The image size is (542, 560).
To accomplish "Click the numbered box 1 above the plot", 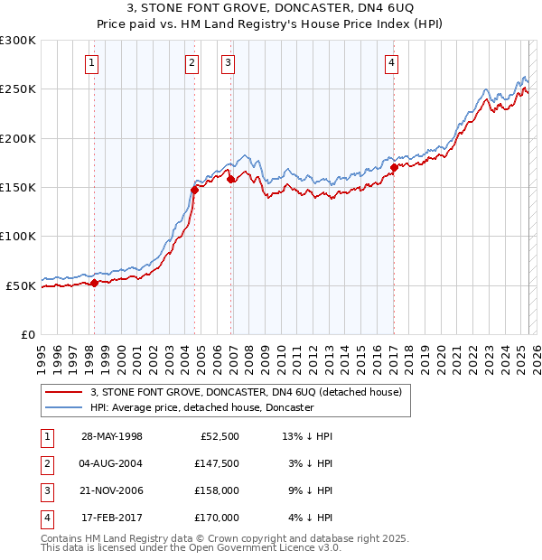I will pos(93,62).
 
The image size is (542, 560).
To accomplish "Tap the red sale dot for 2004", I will pos(194,190).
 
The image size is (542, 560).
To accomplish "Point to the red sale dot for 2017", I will pos(394,167).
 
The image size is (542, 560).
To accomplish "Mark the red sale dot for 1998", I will pos(95,283).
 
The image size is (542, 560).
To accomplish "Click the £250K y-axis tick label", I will pos(18,89).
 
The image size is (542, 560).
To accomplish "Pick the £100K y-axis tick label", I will pos(18,236).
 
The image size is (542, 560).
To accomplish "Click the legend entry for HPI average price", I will pos(201,407).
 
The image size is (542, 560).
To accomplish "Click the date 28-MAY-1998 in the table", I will pos(112,437).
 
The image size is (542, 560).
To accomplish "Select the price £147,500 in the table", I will pos(216,463).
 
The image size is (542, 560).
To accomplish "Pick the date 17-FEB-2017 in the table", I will pos(112,518).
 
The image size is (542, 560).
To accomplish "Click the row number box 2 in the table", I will pos(45,463).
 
